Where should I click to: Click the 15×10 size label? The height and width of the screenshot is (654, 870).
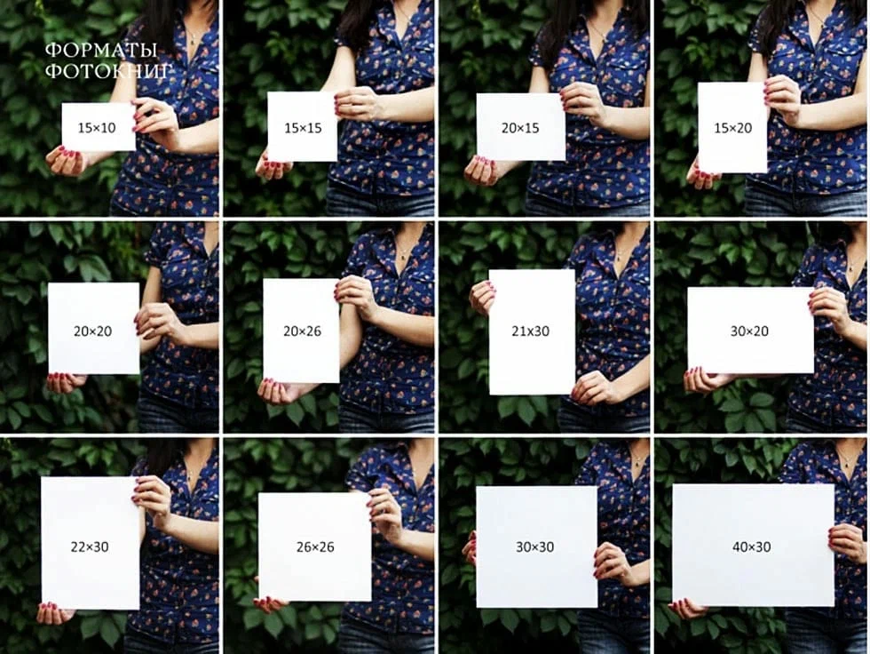(97, 128)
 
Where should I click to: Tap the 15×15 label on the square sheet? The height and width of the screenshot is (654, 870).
(303, 128)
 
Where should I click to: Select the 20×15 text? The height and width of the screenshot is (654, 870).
(520, 128)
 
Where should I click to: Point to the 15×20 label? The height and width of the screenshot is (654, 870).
(733, 128)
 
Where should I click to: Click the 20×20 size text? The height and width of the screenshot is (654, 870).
(92, 331)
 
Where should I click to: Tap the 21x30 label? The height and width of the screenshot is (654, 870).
(531, 331)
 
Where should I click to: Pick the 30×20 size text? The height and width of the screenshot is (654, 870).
(749, 331)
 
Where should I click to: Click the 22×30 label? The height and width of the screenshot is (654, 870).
(90, 546)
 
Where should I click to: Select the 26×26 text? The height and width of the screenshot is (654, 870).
(315, 546)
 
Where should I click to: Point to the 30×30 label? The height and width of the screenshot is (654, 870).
(534, 546)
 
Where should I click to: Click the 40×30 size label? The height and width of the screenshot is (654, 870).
(752, 546)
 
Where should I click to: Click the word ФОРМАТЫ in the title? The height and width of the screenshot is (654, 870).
(101, 51)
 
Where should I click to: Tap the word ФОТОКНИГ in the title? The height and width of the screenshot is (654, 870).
(107, 71)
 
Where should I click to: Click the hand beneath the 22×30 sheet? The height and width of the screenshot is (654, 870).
(54, 612)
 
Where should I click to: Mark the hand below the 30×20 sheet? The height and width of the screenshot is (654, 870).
(706, 380)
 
